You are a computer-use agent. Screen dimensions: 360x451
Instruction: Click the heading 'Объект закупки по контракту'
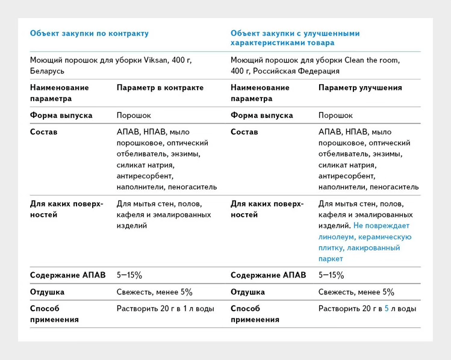[x=89, y=34]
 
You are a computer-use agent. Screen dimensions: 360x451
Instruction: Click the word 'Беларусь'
[x=47, y=71]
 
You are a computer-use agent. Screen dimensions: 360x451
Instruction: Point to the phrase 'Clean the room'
[x=372, y=60]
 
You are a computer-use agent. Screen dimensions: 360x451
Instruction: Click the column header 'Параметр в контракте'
[x=160, y=88]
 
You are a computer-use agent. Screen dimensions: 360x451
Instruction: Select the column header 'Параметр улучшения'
[x=360, y=88]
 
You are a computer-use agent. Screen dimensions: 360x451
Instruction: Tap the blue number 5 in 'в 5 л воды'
[x=387, y=309]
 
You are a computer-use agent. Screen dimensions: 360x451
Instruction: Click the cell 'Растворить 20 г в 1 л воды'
[x=165, y=309]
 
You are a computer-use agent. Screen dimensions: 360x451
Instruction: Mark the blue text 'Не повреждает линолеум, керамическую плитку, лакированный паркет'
[x=365, y=242]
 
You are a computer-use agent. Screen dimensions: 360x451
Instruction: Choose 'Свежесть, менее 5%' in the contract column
[x=154, y=292]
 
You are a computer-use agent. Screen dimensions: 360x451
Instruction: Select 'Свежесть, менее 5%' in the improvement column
[x=356, y=292]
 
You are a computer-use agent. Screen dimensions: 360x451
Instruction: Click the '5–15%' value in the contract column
[x=129, y=275]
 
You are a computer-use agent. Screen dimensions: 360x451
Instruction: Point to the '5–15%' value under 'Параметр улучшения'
[x=331, y=275]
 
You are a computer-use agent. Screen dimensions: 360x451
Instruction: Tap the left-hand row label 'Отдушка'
[x=47, y=292]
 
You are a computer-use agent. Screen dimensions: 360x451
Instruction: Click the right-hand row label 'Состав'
[x=244, y=132]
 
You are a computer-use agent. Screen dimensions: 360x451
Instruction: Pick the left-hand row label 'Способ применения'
[x=54, y=314]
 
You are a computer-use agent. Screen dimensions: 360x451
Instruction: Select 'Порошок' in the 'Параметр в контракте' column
[x=134, y=115]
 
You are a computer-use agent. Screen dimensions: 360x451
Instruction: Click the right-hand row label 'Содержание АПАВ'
[x=268, y=275]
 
